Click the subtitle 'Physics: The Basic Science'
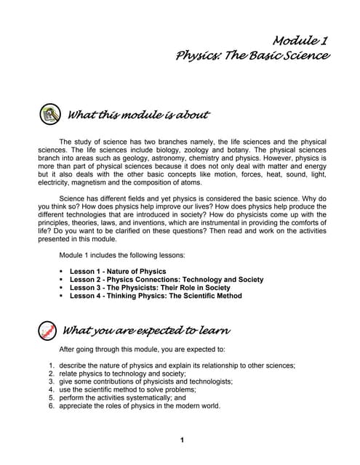[252, 56]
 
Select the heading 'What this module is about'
[138, 115]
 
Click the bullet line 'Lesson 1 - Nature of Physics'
[118, 271]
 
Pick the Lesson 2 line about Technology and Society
[167, 279]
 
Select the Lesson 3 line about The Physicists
[150, 288]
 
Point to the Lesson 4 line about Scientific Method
[156, 296]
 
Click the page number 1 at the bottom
[182, 440]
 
